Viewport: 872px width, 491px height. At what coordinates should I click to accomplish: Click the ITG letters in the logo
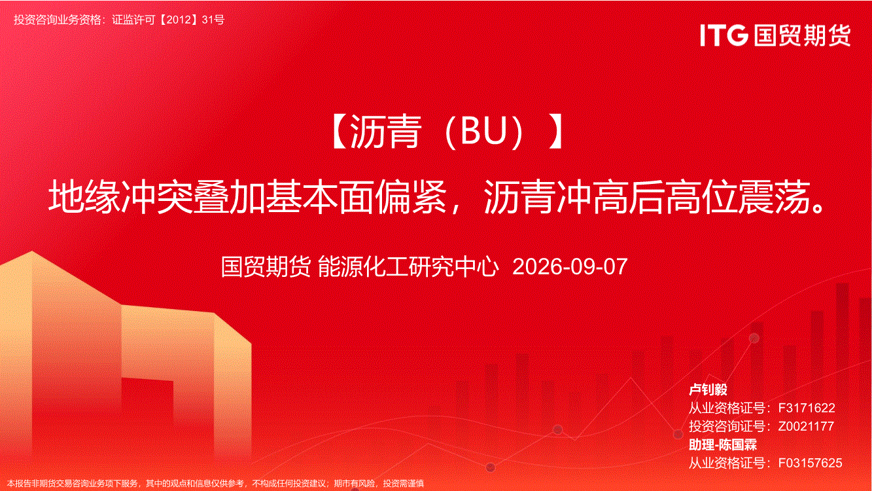724,35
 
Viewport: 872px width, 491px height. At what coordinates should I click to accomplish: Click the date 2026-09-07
570,266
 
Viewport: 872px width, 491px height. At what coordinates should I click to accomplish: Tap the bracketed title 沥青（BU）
447,132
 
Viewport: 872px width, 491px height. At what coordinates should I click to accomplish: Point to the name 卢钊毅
708,390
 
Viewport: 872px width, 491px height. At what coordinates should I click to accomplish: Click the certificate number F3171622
807,408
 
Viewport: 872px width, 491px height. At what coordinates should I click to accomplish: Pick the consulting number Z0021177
806,426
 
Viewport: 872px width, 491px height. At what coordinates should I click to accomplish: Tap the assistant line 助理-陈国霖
723,445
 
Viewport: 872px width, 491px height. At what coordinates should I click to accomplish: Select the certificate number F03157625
810,463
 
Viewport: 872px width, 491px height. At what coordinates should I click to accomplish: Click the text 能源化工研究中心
408,267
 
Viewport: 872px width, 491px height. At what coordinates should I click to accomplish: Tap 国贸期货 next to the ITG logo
802,35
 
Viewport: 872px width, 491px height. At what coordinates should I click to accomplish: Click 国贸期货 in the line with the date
266,267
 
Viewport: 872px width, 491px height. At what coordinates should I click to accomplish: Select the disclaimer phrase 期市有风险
355,484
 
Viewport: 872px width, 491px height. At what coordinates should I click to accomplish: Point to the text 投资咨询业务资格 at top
58,20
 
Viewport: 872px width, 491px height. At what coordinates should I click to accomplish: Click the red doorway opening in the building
148,413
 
